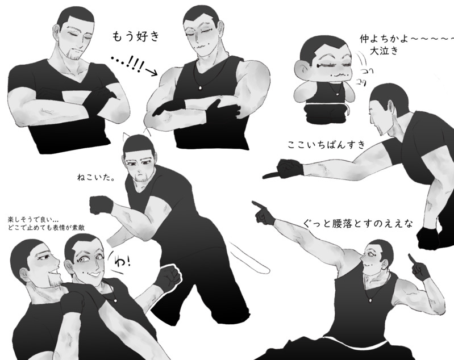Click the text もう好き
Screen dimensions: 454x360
tap(136, 37)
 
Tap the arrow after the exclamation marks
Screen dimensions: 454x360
tap(149, 72)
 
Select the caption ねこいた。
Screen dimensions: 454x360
tap(96, 177)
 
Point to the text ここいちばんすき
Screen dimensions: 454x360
tap(327, 144)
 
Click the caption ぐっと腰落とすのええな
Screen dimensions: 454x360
tap(358, 223)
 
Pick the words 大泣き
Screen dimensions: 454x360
tap(384, 51)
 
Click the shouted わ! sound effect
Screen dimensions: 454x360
tap(123, 261)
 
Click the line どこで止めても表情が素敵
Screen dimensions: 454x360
tap(47, 228)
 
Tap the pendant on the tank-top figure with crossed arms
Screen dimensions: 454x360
tap(201, 87)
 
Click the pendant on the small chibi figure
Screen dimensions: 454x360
tap(338, 94)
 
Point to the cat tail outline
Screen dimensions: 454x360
tap(249, 258)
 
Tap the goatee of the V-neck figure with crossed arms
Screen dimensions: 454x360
tap(73, 56)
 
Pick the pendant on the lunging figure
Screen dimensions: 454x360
tap(371, 300)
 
